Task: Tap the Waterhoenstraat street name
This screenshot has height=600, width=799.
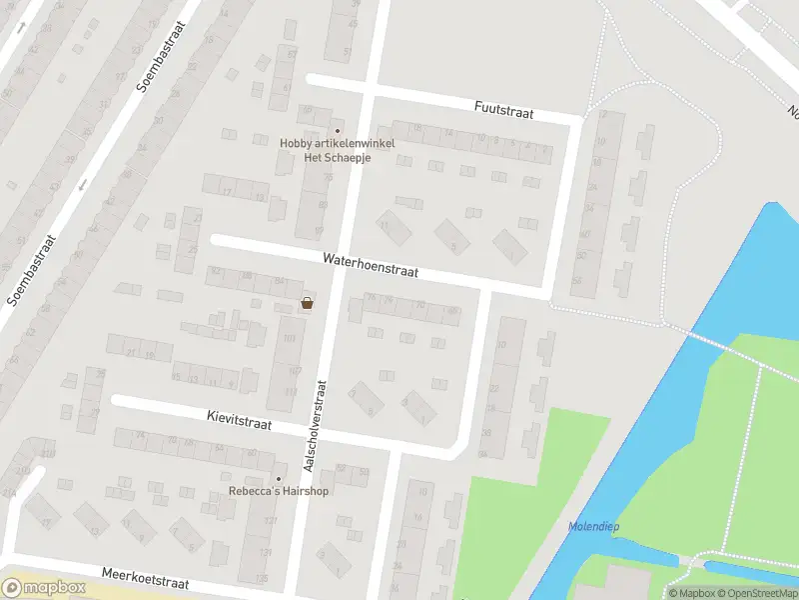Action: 370,264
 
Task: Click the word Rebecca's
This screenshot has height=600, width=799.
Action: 256,491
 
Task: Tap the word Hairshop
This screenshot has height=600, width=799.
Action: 306,491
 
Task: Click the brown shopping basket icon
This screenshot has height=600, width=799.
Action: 308,303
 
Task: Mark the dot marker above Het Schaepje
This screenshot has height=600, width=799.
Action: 337,131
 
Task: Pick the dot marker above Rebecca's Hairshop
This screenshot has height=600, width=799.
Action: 279,478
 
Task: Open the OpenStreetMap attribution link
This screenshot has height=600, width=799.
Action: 758,593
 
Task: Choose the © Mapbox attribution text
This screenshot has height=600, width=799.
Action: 691,593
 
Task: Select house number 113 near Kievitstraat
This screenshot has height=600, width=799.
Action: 291,391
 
